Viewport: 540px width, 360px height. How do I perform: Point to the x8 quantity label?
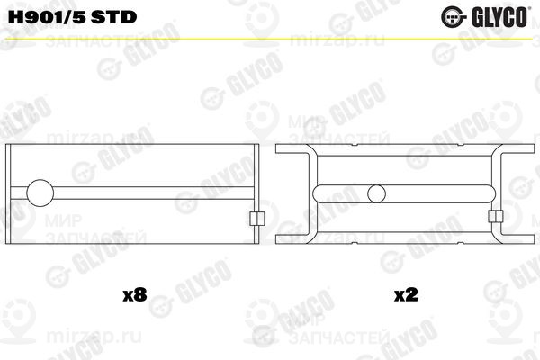133,294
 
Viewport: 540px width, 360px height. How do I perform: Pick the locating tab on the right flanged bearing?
494,216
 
